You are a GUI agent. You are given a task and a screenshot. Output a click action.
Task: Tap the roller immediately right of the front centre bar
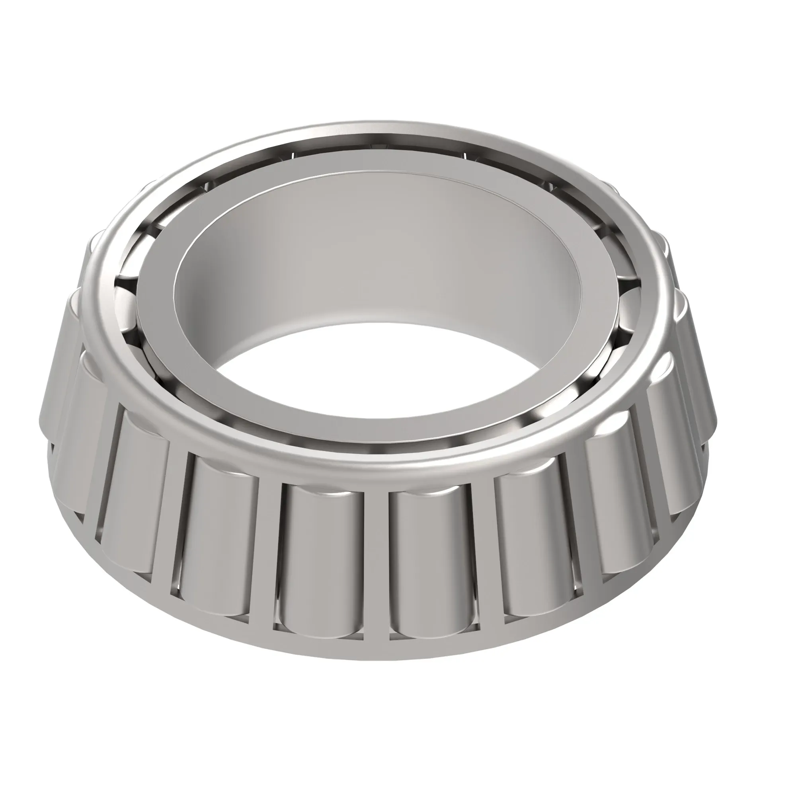[x=431, y=552]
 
